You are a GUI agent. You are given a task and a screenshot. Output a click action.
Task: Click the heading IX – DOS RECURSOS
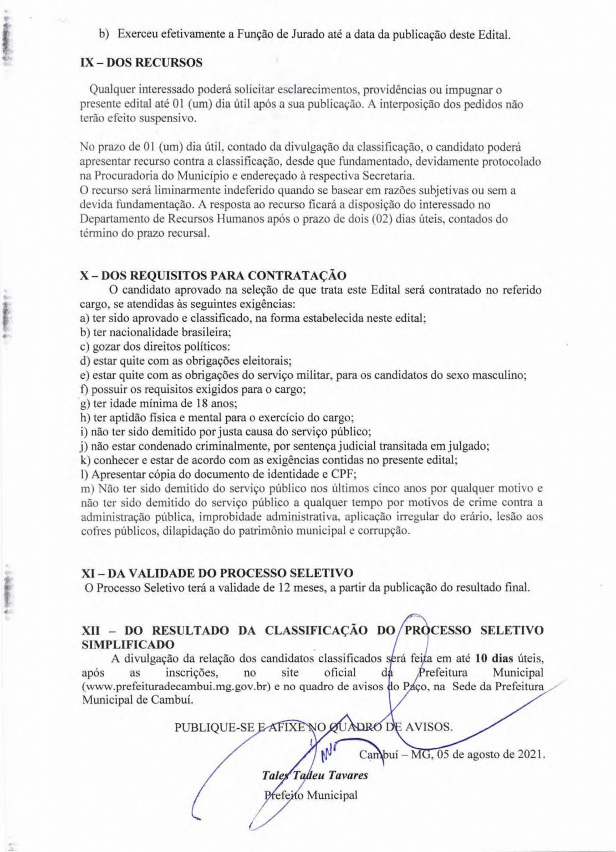141,62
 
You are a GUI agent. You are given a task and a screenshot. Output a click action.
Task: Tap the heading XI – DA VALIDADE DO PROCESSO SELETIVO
217,572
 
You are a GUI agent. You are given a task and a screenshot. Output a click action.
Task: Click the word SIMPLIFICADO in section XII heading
128,644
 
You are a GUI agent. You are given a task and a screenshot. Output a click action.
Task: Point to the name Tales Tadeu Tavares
314,775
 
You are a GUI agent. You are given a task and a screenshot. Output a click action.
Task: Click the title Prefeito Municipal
311,794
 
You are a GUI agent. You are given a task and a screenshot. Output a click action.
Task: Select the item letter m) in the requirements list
88,489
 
